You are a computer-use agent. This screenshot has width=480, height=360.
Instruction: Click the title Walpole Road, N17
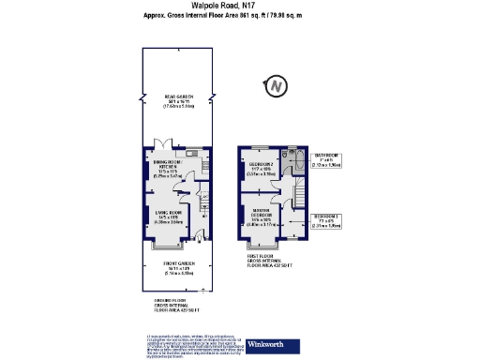coord(241,6)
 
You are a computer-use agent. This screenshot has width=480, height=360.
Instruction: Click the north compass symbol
coord(276,87)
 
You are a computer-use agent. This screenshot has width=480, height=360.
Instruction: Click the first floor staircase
coord(302,195)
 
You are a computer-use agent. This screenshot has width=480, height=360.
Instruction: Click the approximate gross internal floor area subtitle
coord(241,16)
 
